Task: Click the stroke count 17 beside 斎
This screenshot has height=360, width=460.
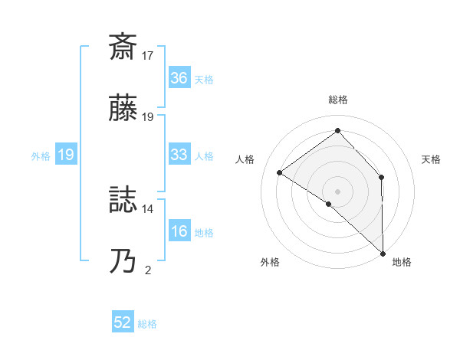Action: point(147,56)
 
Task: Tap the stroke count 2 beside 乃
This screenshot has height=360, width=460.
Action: point(148,270)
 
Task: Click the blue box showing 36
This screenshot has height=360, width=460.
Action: point(179,78)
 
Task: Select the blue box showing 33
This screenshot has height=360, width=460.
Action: point(179,155)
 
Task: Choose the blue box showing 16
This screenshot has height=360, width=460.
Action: point(179,231)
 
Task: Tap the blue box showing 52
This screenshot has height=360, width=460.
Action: point(123,323)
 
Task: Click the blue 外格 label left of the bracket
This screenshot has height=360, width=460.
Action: point(41,155)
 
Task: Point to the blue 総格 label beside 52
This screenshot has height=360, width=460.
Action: point(147,324)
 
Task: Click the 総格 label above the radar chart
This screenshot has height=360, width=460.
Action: point(337,100)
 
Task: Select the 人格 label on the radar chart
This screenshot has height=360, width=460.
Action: point(245,159)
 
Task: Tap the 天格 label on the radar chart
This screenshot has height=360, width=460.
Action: point(432,159)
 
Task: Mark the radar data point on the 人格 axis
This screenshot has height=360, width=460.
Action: point(280,173)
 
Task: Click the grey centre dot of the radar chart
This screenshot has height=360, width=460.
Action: point(337,191)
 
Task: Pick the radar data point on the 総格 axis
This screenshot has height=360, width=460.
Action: point(337,130)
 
